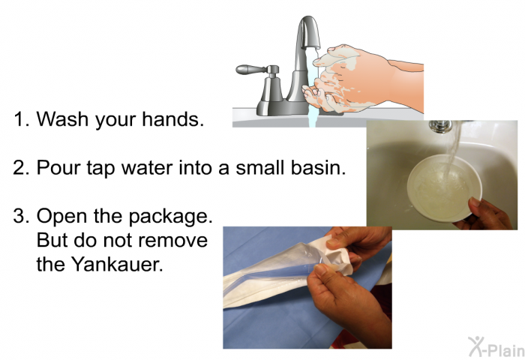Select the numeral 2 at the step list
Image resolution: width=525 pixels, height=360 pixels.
pyautogui.click(x=19, y=168)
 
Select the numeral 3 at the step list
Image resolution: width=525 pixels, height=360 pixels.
pyautogui.click(x=19, y=217)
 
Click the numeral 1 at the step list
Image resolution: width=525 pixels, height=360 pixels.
pyautogui.click(x=19, y=119)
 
